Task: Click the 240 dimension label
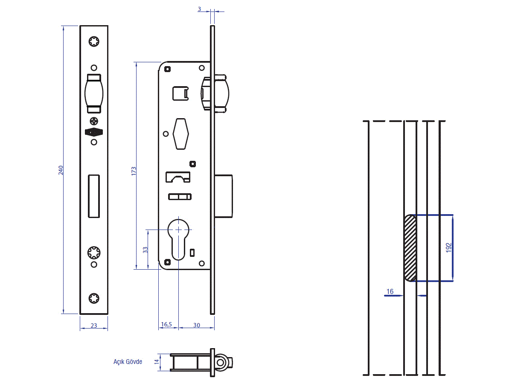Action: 61,170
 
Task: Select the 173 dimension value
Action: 134,171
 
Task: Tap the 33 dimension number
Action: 145,250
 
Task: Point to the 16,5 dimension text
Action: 166,324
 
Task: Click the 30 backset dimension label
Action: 197,325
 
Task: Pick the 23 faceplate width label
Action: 94,326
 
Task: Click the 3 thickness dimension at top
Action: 199,9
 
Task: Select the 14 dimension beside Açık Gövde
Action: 157,362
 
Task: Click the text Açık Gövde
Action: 128,362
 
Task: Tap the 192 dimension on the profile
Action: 448,247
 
